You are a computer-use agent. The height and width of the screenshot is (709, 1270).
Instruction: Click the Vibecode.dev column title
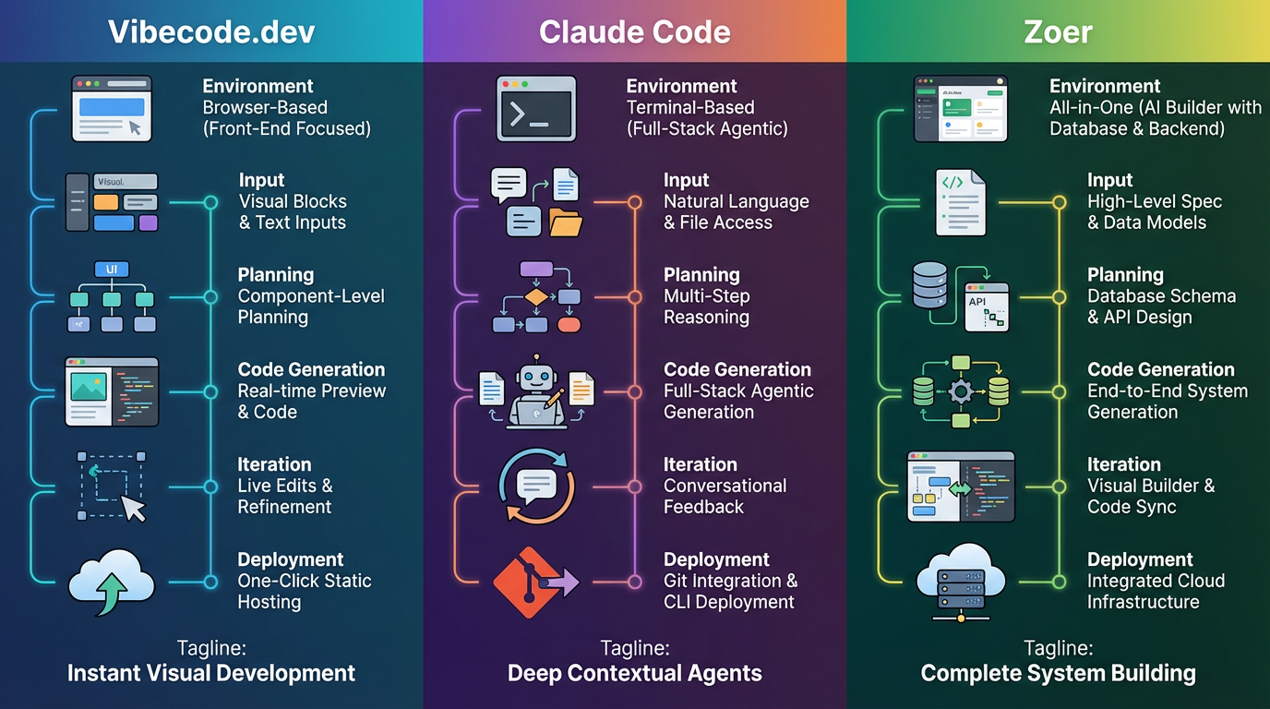pyautogui.click(x=211, y=32)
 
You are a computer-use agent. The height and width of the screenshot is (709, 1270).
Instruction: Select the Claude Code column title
pyautogui.click(x=634, y=32)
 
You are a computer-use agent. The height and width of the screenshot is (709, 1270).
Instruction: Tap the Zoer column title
pyautogui.click(x=1058, y=32)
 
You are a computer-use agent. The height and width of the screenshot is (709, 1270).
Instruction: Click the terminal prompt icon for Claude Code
pyautogui.click(x=535, y=108)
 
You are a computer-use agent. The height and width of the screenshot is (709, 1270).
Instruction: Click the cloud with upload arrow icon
pyautogui.click(x=112, y=583)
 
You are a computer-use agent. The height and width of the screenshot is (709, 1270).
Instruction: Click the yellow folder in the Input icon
pyautogui.click(x=565, y=222)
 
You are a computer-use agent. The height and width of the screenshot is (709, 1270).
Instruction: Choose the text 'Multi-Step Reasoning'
pyautogui.click(x=706, y=306)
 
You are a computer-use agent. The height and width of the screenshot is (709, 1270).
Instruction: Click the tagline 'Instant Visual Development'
pyautogui.click(x=211, y=673)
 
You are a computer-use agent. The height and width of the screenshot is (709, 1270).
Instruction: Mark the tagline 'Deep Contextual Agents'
pyautogui.click(x=634, y=673)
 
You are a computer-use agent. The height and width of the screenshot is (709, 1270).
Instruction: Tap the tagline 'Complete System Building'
pyautogui.click(x=1058, y=673)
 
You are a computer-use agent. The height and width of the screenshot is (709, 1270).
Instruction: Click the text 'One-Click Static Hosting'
pyautogui.click(x=305, y=591)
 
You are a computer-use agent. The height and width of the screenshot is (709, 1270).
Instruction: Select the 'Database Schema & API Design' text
pyautogui.click(x=1161, y=306)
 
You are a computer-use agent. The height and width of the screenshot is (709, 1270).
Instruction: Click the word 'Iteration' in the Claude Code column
pyautogui.click(x=700, y=464)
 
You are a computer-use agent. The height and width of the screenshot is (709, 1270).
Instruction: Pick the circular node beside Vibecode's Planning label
pyautogui.click(x=210, y=297)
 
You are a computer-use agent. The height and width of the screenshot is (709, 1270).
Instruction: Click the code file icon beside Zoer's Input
pyautogui.click(x=960, y=202)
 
